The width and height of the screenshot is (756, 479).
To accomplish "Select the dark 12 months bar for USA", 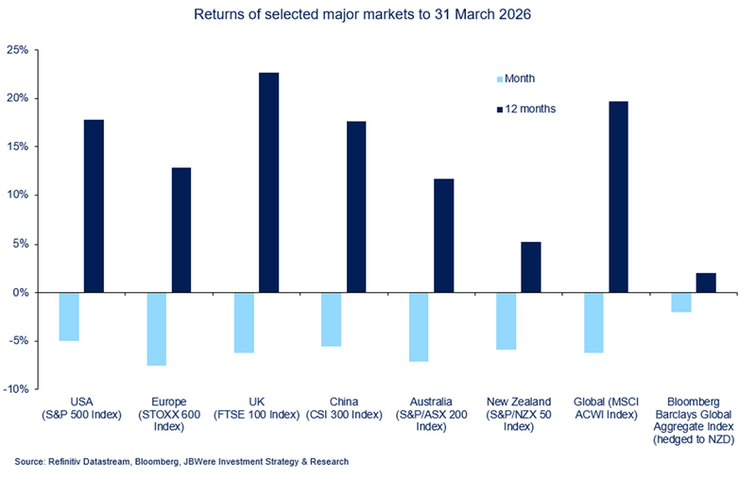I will coord(94,206).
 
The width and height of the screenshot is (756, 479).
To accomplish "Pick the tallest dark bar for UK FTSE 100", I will coord(268,182).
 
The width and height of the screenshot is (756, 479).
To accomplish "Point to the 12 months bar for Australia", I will coord(443,235).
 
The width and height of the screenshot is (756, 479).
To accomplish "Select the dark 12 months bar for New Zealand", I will coord(530,267).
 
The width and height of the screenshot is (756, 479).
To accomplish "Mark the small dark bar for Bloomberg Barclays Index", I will coord(706,282).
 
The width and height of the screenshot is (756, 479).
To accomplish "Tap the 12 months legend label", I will coord(530,109).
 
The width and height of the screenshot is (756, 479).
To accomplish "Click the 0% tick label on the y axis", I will coord(22,293).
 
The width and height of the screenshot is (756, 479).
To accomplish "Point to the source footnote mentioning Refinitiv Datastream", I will coord(180,462).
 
